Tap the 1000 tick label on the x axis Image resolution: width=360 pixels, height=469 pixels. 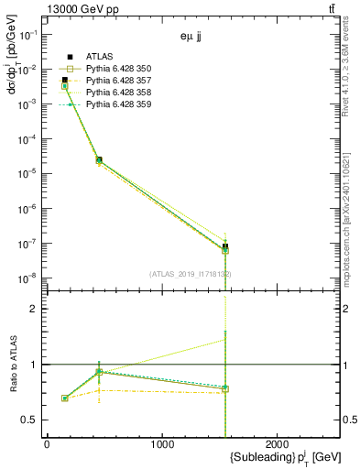click(162, 443)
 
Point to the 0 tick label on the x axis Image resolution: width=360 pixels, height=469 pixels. click(47, 443)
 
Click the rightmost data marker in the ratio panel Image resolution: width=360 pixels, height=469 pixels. click(225, 388)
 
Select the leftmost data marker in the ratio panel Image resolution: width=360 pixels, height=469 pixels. click(64, 398)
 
